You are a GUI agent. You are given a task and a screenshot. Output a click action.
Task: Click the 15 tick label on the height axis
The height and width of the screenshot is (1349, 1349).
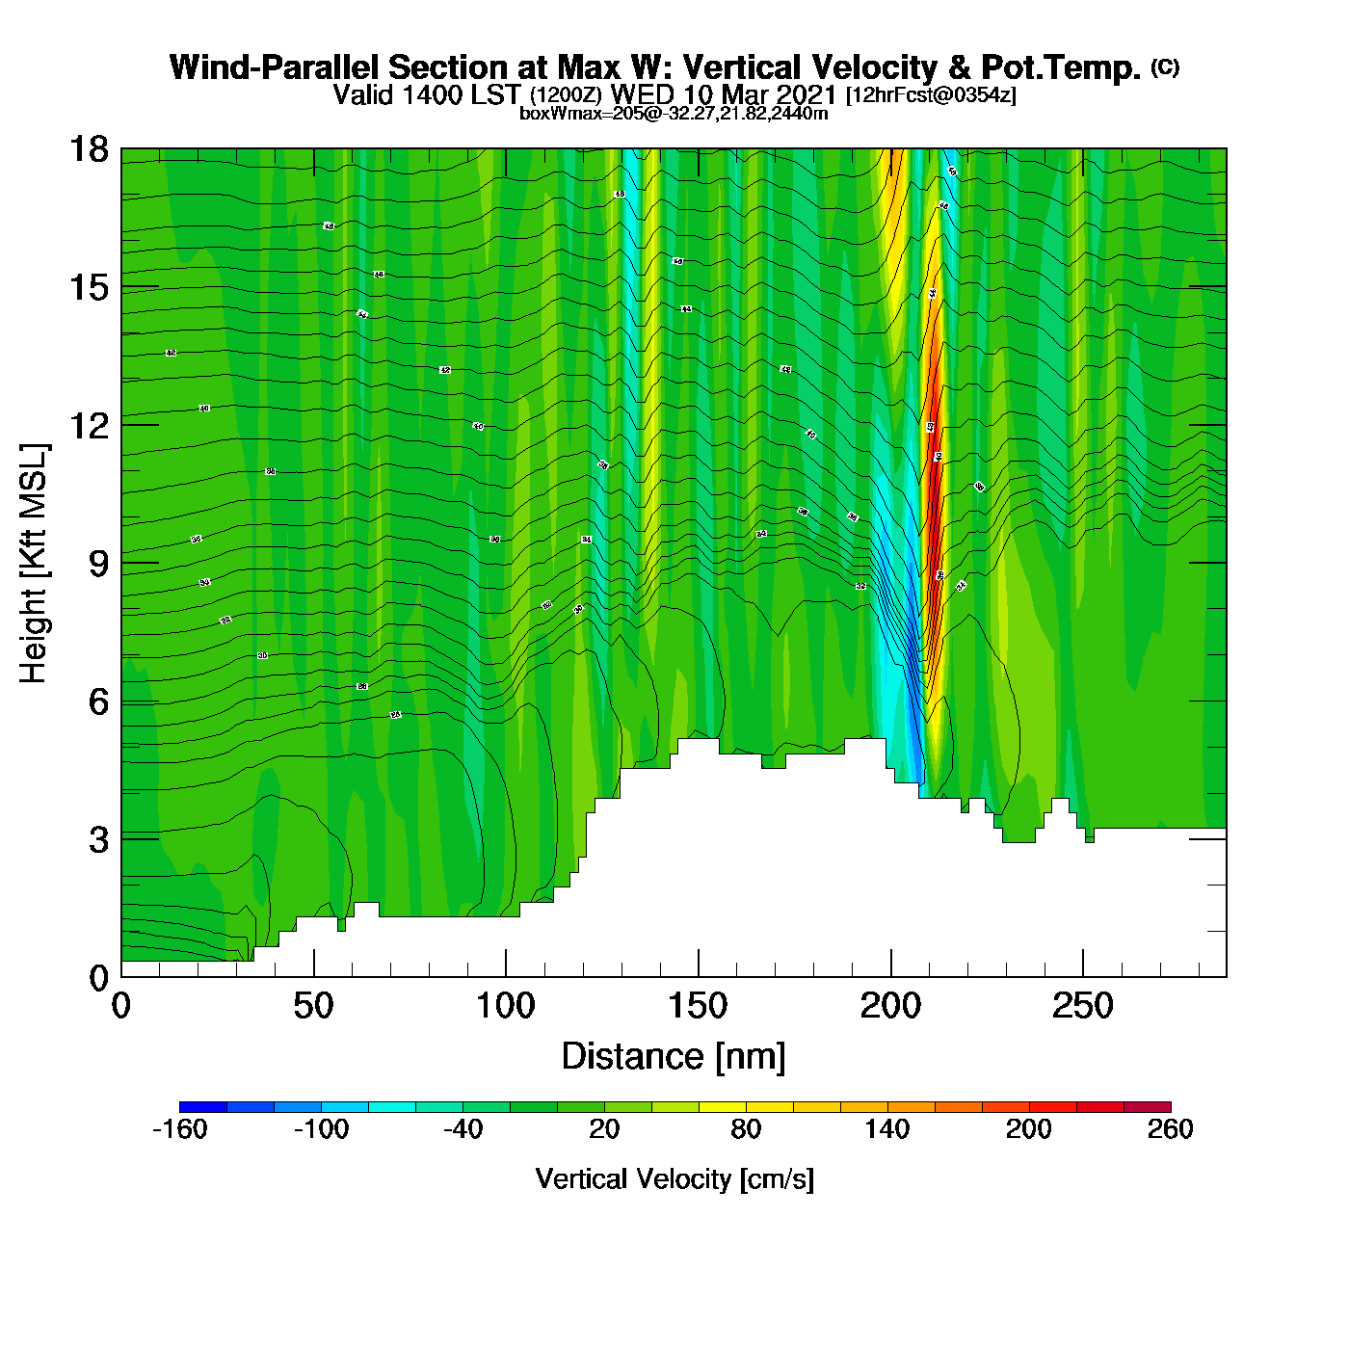[x=90, y=287]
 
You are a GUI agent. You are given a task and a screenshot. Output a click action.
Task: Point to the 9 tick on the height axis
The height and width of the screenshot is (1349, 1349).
[x=98, y=563]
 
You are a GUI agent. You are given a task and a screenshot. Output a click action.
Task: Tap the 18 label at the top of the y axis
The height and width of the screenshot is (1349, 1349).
[x=90, y=149]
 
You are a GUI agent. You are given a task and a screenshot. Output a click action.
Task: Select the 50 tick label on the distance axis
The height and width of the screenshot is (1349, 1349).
[x=313, y=1006]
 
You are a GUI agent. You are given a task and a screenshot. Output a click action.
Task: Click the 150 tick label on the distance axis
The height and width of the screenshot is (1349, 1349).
[x=698, y=1006]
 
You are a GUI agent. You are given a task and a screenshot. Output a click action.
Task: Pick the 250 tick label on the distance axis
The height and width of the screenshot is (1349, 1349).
[x=1082, y=1006]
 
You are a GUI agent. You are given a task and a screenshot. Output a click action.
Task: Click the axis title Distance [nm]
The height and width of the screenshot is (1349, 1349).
[x=674, y=1057]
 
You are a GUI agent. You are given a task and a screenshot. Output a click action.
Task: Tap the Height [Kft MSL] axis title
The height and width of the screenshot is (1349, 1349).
[x=34, y=564]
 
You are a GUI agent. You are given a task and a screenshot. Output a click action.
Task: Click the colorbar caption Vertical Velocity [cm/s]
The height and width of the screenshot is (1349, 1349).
[x=674, y=1178]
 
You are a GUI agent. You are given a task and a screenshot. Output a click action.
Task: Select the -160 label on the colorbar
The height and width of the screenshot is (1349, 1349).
[x=180, y=1129]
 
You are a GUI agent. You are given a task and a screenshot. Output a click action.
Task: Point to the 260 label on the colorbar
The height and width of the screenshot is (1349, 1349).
[x=1170, y=1129]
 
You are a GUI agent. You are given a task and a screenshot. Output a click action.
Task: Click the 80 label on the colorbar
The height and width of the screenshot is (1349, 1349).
[x=746, y=1129]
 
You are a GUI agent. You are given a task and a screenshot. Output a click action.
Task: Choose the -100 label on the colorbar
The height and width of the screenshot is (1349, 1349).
[x=321, y=1129]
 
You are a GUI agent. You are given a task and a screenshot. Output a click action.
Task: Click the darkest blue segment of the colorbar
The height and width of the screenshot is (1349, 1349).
[x=203, y=1107]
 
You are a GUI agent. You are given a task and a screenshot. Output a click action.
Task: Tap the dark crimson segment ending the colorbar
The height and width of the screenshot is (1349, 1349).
[x=1147, y=1107]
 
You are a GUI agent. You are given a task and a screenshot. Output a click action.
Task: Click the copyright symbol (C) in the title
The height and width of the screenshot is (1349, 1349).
[x=1165, y=66]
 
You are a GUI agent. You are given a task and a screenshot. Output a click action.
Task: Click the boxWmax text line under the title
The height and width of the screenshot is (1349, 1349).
[x=674, y=113]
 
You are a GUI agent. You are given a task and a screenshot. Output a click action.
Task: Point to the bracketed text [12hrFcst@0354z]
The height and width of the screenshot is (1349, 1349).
[x=930, y=95]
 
